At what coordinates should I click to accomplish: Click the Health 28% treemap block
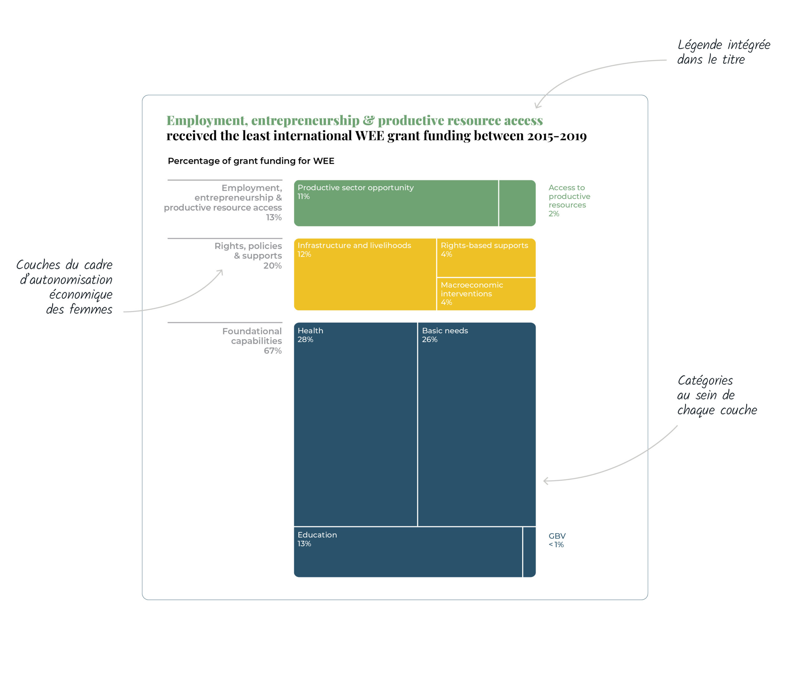click(355, 424)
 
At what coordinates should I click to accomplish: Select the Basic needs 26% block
click(477, 424)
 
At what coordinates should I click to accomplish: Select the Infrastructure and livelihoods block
click(365, 275)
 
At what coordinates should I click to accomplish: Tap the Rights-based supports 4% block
click(486, 258)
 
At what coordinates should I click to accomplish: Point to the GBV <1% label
click(557, 540)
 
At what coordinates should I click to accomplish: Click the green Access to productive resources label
click(569, 201)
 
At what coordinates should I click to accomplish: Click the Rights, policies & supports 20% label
click(248, 256)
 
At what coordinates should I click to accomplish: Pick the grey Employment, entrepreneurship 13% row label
click(223, 202)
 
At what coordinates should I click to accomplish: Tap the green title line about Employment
click(355, 121)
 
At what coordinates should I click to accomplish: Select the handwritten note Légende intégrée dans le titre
click(724, 52)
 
